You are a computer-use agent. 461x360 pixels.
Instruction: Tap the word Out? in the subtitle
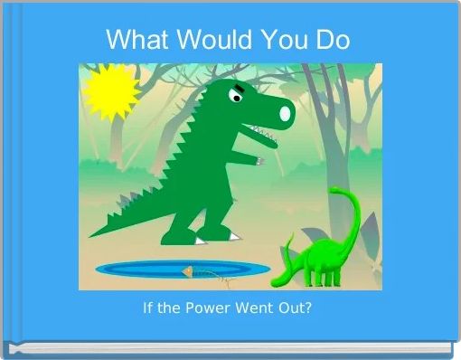(295, 308)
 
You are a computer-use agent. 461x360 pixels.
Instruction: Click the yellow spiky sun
(111, 90)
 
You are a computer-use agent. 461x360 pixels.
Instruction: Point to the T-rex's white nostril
(286, 113)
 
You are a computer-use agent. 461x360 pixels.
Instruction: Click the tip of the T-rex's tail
(94, 233)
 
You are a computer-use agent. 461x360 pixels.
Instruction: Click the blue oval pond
(181, 269)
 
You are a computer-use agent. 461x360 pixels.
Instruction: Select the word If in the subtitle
(148, 308)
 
